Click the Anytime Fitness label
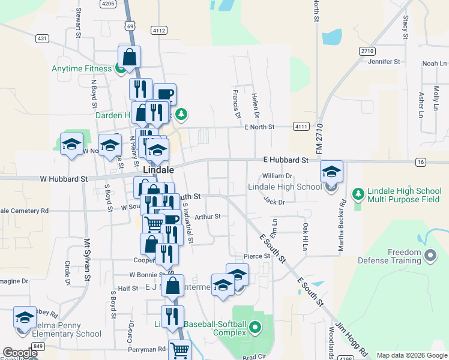pos(82,68)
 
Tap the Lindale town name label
pos(158,170)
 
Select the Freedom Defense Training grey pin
pos(429,256)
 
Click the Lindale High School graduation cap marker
pos(331,172)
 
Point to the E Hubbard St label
pos(286,160)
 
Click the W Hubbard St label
pos(64,179)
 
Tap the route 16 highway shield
pos(420,162)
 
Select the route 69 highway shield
pos(130,25)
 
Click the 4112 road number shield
pos(159,29)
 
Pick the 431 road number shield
pos(41,38)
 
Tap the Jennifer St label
pos(384,61)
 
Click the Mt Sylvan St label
pos(87,259)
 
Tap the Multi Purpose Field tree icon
pos(358,194)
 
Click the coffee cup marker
pos(164,95)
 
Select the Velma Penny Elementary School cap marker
pos(25,318)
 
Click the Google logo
pos(20,353)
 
